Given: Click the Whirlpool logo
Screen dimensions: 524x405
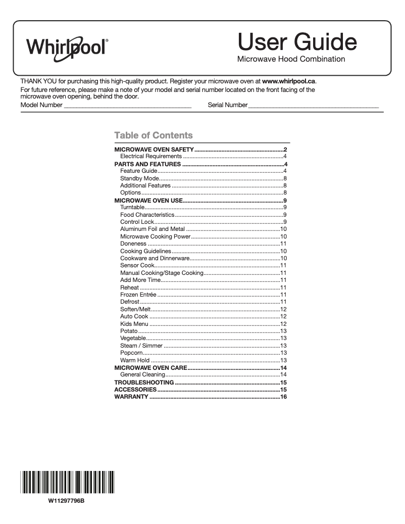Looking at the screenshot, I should [67, 47].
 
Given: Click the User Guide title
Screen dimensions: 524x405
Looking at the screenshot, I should [297, 41].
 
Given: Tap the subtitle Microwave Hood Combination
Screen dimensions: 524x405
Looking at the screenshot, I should [291, 59].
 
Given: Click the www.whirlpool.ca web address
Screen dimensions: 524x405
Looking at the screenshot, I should [289, 81].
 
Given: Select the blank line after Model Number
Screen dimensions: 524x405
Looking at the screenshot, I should [127, 105].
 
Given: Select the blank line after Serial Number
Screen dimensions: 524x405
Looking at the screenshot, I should [313, 105].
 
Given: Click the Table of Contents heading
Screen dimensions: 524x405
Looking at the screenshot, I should [154, 135].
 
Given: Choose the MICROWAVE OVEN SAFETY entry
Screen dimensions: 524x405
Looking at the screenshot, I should [154, 150].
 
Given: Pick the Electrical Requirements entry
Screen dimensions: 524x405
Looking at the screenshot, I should [150, 157].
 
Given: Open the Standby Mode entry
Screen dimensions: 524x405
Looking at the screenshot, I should [139, 178].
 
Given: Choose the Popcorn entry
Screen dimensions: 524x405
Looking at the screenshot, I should [131, 353].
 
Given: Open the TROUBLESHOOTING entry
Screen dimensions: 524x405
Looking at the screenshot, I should [144, 383].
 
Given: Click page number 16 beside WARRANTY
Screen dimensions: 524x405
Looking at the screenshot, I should [283, 397].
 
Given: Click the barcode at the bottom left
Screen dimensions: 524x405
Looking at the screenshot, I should [67, 482].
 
